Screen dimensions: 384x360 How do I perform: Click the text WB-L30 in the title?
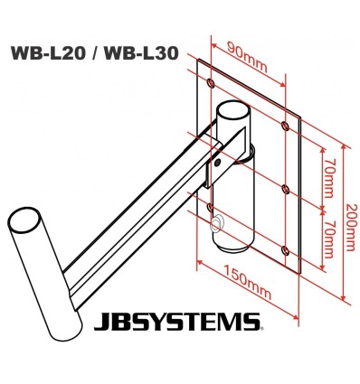point(140,52)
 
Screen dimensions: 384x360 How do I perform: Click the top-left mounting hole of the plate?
point(210,83)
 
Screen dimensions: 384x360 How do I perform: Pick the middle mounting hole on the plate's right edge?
point(286,188)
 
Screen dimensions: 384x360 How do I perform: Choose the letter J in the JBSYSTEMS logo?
point(100,321)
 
